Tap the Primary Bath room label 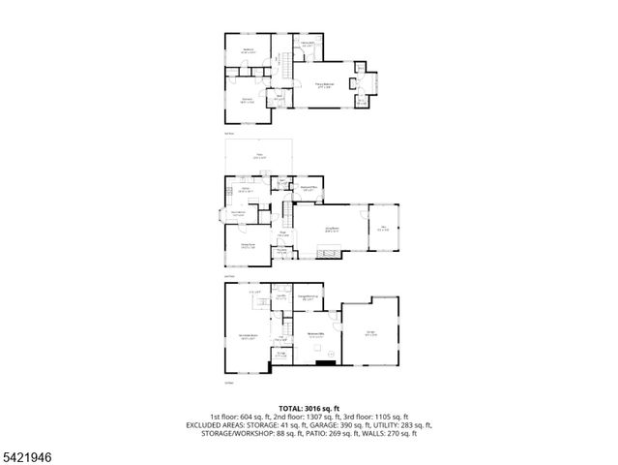(307, 44)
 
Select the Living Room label (332, 231)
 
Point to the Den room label (383, 229)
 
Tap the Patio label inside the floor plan (258, 155)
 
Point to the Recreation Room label (247, 336)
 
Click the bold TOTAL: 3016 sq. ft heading (309, 407)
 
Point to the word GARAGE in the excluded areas (330, 424)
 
